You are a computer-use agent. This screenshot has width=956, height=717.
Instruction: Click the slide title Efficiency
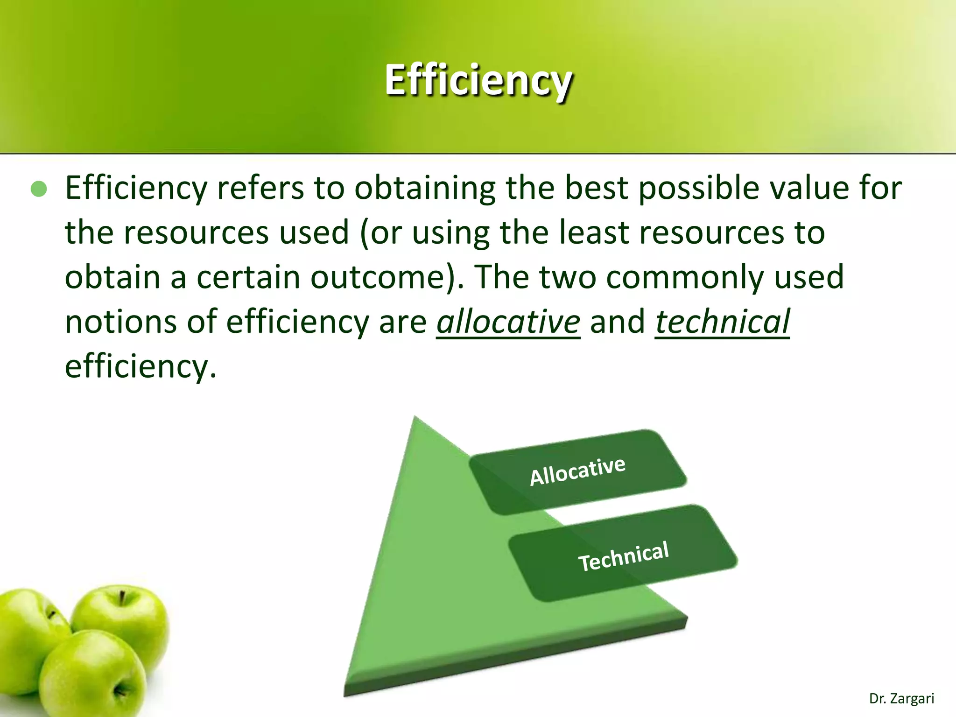click(x=478, y=80)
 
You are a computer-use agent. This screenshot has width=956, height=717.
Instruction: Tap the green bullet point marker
click(x=39, y=189)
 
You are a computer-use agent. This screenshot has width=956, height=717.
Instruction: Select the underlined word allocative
click(x=508, y=322)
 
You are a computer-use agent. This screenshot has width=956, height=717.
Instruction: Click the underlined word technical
click(x=722, y=322)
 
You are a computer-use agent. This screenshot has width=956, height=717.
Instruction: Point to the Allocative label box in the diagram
click(x=577, y=471)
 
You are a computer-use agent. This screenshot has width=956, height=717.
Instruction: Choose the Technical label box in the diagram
click(x=623, y=555)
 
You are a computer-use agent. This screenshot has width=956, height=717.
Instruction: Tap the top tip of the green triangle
click(x=415, y=419)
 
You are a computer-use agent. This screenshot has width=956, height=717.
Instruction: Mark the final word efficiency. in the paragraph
click(x=140, y=367)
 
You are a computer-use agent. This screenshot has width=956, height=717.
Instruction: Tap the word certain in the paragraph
click(x=247, y=277)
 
